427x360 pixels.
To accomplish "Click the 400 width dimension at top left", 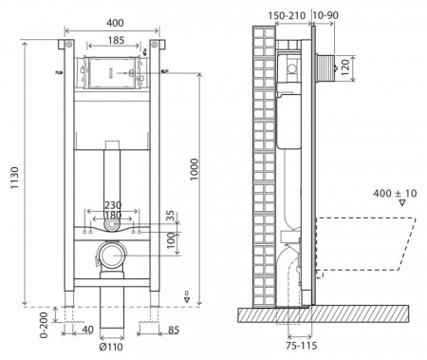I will coord(113,20).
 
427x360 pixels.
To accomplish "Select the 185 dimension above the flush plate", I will coord(113,41).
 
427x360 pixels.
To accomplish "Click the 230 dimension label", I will coord(113,204).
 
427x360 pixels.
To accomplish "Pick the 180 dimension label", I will coord(113,217).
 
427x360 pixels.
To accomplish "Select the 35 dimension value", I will coord(170,217).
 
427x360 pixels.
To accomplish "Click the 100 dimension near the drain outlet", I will coord(170,241).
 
